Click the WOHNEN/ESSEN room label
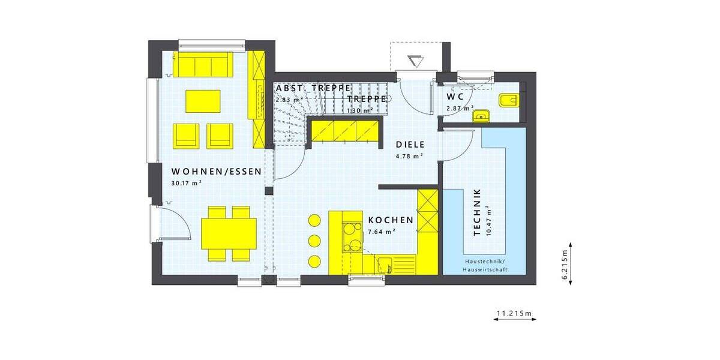216,172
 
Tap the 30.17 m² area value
186,184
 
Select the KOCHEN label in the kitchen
391,220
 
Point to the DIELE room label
410,145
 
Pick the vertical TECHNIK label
478,212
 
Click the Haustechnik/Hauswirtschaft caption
484,266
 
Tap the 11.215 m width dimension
514,313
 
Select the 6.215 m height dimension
566,263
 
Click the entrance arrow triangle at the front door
415,61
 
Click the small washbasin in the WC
481,116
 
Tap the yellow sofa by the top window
203,65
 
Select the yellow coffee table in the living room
203,101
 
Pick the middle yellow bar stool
314,241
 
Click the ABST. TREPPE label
313,88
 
